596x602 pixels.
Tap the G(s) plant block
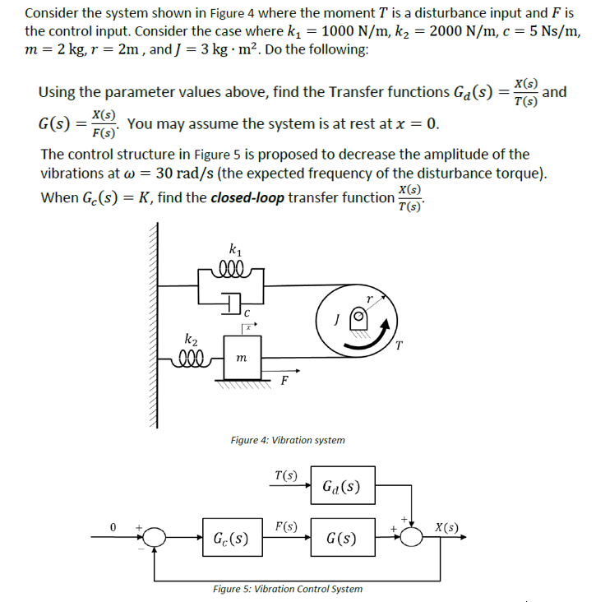(x=341, y=539)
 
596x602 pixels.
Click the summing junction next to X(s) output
(x=411, y=536)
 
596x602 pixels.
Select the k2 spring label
(x=191, y=338)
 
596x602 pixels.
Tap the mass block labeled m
(x=241, y=356)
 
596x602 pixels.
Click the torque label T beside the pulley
(x=400, y=345)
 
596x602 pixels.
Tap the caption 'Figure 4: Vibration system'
(x=288, y=440)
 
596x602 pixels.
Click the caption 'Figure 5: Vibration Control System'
(x=287, y=589)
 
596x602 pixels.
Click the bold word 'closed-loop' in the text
(x=247, y=198)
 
